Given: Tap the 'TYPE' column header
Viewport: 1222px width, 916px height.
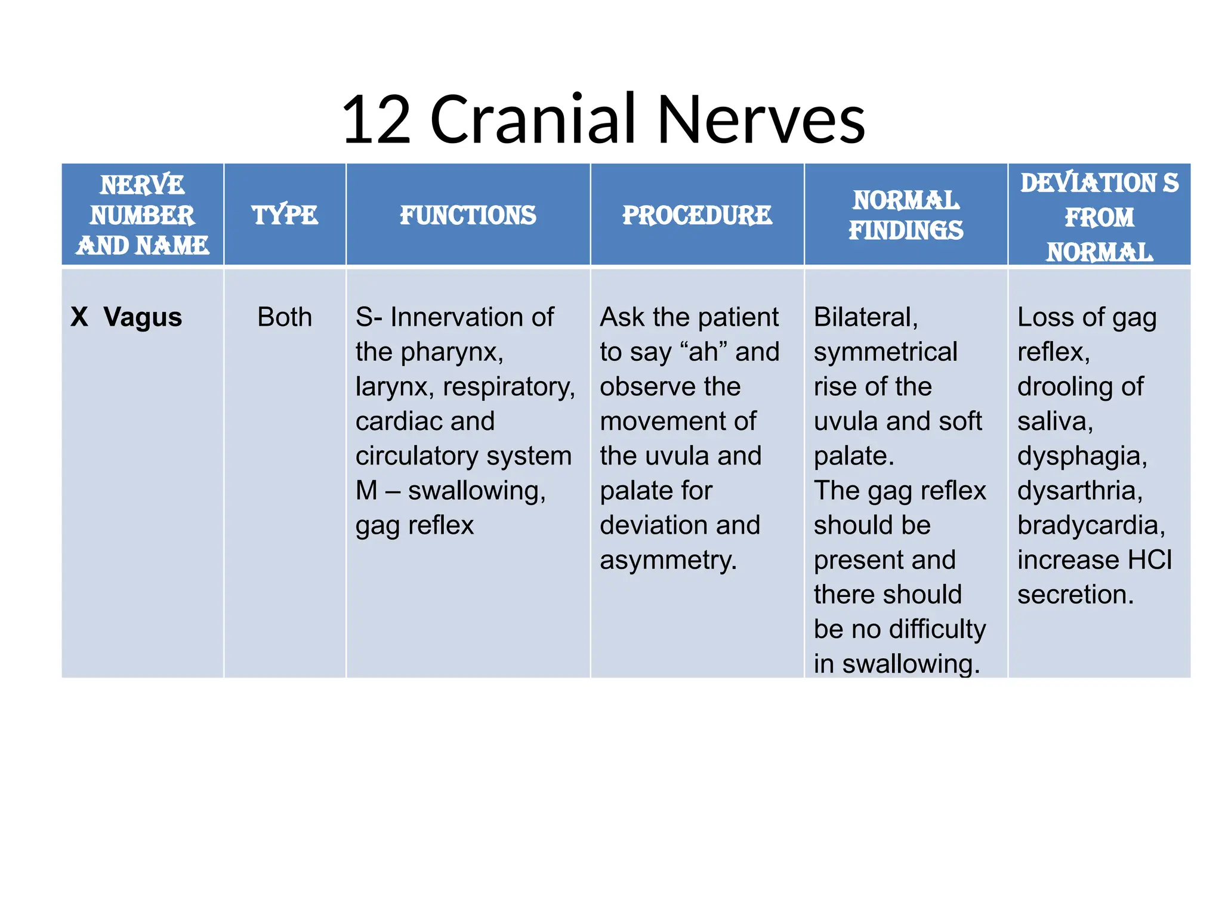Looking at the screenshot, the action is point(285,215).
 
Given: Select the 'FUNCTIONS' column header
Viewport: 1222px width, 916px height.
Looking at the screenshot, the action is point(468,215).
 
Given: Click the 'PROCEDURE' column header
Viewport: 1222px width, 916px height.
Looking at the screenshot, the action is point(697,215).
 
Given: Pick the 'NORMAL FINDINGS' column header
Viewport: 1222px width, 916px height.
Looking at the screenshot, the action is point(906,215).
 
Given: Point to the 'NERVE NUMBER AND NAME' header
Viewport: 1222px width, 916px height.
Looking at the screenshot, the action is point(143,215).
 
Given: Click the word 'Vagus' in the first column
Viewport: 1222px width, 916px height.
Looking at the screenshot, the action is point(143,317).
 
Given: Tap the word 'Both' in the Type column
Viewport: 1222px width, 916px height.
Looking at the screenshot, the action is point(285,317).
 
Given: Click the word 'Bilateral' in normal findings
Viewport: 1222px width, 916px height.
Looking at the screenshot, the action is point(865,317).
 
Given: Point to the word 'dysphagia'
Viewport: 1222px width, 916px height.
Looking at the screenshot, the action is point(1082,456).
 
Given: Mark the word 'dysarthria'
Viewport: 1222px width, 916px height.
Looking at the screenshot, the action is point(1079,491).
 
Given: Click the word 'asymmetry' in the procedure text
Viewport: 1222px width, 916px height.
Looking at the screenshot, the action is point(667,560).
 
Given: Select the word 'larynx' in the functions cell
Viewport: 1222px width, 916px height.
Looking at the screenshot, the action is point(394,387).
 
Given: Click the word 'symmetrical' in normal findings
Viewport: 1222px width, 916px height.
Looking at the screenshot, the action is point(885,352).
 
